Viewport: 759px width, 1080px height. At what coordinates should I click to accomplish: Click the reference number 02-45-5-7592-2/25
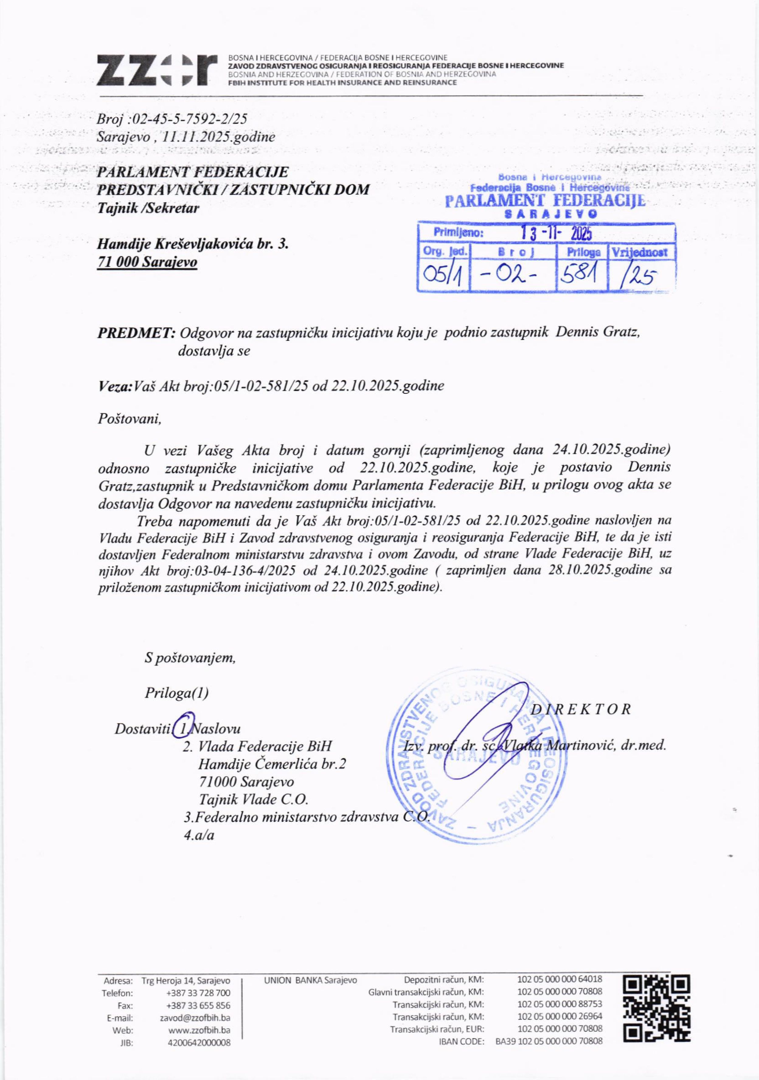190,119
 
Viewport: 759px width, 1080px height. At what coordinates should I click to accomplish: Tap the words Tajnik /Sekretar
148,208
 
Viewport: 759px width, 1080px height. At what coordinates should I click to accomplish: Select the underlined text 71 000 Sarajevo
147,262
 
